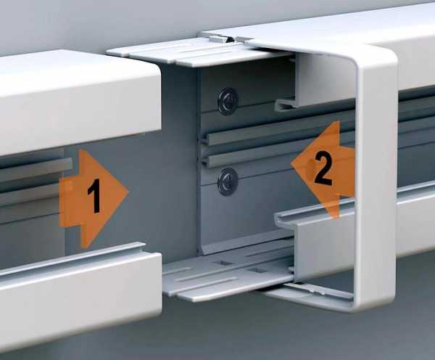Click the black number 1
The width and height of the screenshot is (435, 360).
(94, 196)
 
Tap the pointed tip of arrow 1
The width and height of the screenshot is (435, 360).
(129, 192)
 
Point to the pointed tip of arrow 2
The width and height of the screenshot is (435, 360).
(291, 163)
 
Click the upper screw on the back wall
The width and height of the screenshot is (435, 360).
(228, 101)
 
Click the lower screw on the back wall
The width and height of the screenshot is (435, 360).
(228, 181)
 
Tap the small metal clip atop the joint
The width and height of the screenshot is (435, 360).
(219, 38)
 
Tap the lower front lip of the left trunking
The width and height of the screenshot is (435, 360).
(80, 295)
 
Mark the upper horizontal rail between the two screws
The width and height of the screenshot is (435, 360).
(275, 133)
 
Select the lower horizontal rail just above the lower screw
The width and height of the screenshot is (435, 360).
(275, 155)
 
